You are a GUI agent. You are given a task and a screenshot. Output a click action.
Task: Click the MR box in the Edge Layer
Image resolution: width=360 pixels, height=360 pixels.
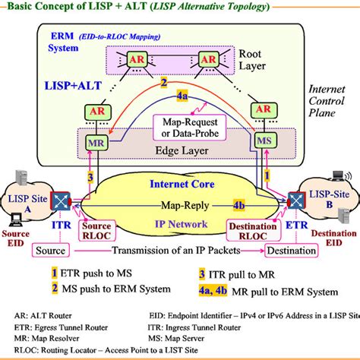tap(96, 141)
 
